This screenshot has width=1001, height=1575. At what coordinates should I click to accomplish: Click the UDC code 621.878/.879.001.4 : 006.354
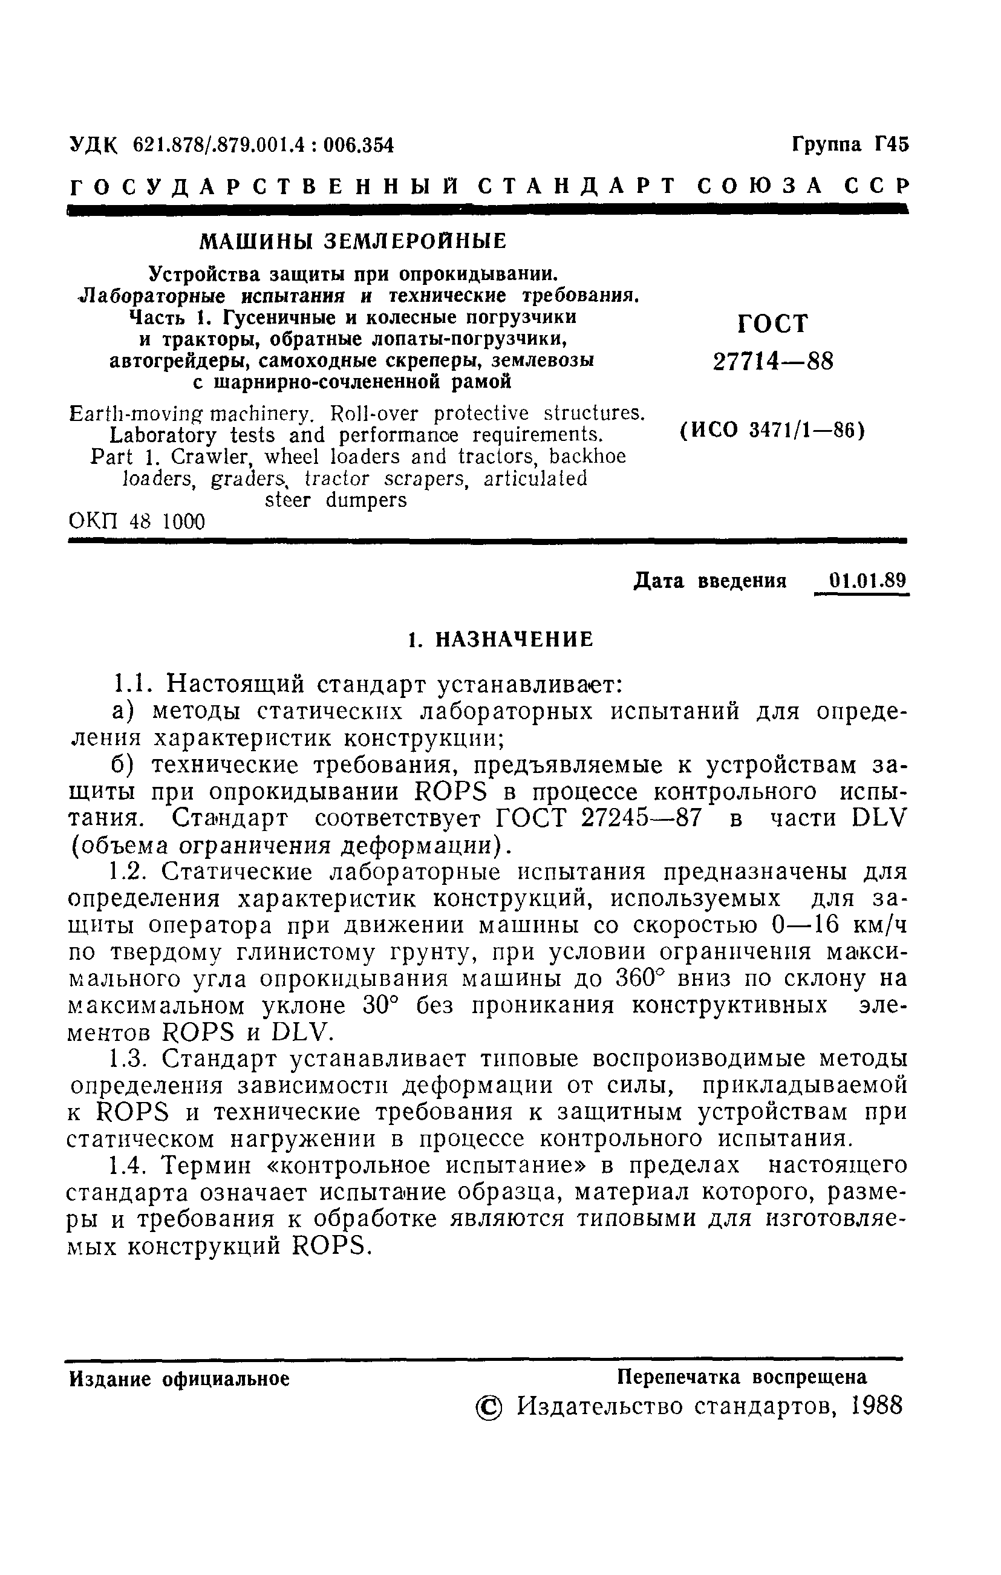(x=263, y=145)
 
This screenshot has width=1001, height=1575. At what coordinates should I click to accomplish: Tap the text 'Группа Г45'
(x=850, y=143)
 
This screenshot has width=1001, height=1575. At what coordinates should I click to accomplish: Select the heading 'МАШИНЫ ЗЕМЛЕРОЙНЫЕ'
(x=353, y=241)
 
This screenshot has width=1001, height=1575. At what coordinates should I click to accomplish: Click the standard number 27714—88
(x=774, y=361)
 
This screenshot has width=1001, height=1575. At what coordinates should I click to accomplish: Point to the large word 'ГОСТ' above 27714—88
(x=772, y=323)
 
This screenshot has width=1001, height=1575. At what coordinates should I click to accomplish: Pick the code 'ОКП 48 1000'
(x=137, y=522)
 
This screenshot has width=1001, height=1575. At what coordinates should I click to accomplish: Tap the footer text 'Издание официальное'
(x=179, y=1380)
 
